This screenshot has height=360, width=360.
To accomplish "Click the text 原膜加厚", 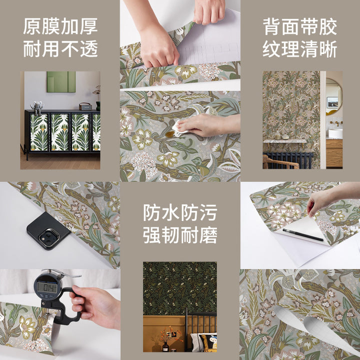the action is (60, 26).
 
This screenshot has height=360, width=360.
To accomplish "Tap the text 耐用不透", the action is (60, 48).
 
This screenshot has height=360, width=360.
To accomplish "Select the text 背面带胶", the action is (299, 26).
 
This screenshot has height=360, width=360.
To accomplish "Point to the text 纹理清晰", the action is (299, 49).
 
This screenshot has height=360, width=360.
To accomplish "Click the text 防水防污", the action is (180, 212).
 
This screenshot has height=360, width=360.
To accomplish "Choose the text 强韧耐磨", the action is (180, 235).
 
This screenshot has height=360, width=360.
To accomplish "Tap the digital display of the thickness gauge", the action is (47, 287).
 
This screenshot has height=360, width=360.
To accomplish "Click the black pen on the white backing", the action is (303, 234).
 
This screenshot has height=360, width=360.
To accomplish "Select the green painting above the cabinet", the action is (61, 81).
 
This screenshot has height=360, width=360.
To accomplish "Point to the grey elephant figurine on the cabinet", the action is (37, 107).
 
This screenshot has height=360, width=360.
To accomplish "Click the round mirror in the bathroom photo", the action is (334, 96).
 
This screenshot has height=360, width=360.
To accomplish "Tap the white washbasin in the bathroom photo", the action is (335, 133).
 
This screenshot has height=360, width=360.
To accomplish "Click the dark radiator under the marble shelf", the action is (288, 160).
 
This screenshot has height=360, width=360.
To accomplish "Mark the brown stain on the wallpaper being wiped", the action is (170, 134).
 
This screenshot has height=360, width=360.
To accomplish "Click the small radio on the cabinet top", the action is (85, 106).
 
